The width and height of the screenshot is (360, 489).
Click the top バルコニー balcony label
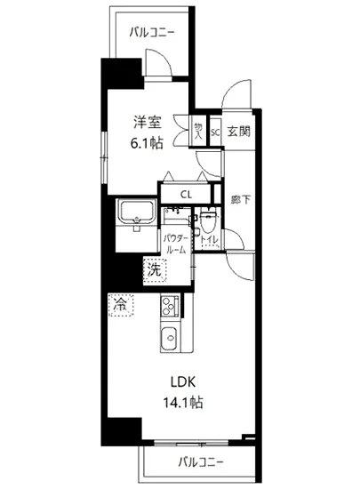click(151, 32)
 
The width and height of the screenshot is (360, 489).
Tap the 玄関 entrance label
click(237, 131)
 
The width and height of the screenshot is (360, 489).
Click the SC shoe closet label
click(215, 131)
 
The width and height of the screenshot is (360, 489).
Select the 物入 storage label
click(199, 132)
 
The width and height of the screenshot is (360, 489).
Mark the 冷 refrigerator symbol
click(120, 304)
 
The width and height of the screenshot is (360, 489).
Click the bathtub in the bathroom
click(136, 214)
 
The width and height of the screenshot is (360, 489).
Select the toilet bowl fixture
click(209, 220)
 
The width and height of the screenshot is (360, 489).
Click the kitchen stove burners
click(169, 308)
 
